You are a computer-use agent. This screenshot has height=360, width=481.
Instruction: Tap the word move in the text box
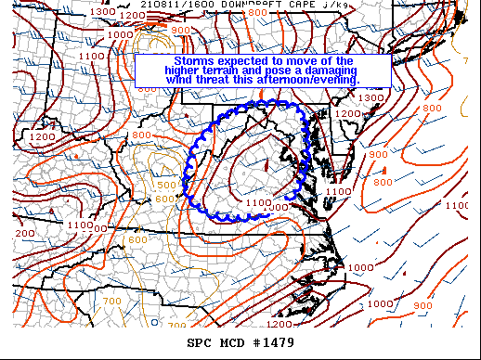(294, 61)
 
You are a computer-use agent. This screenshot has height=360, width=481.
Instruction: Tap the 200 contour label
(25, 233)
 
